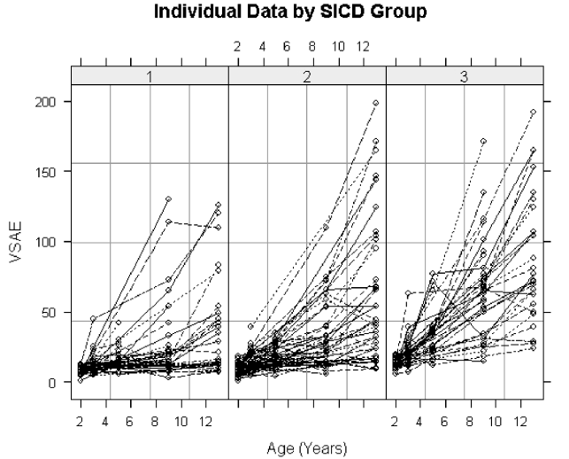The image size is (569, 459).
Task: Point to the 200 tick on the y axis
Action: pos(49,102)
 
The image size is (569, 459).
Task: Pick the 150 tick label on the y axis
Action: pos(49,172)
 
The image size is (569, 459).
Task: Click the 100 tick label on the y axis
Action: pos(49,242)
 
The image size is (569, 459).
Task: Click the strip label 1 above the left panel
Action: pos(150,77)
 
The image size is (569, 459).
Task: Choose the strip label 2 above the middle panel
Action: pos(307,77)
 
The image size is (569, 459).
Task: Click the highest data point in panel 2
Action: pos(375,103)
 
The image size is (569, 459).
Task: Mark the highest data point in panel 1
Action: pos(167,198)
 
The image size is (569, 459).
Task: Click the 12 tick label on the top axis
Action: pos(363,45)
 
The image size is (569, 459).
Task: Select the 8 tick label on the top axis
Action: pos(312,45)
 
